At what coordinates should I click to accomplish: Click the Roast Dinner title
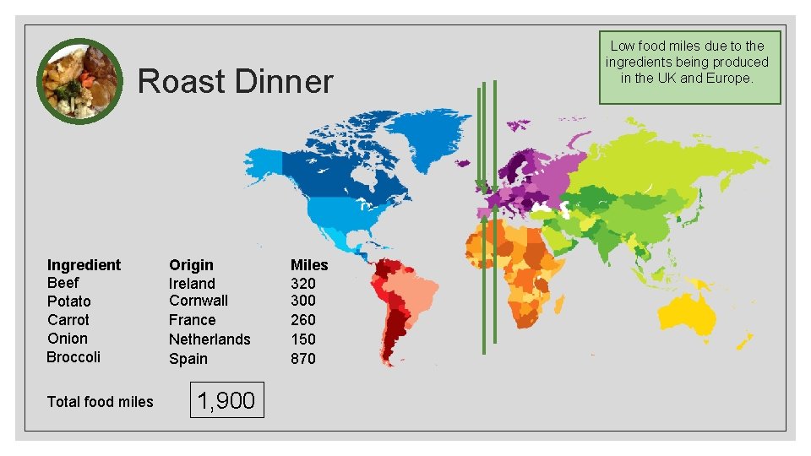[x=235, y=82]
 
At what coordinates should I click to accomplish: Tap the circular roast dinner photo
[x=80, y=80]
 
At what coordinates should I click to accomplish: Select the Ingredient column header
[x=84, y=265]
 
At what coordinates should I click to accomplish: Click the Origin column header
[x=191, y=265]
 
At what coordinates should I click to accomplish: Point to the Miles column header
[x=309, y=265]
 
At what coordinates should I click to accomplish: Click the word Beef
[x=63, y=283]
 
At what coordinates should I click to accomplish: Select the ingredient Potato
[x=68, y=301]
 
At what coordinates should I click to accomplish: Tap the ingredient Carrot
[x=68, y=320]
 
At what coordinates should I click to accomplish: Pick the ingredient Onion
[x=67, y=339]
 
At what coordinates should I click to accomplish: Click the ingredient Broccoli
[x=73, y=357]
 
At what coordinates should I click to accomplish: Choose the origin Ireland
[x=192, y=284]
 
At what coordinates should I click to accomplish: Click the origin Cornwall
[x=198, y=301]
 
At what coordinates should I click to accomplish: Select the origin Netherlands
[x=210, y=339]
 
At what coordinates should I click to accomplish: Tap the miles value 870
[x=302, y=359]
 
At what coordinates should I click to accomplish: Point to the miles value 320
[x=302, y=284]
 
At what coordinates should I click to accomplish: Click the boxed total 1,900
[x=226, y=400]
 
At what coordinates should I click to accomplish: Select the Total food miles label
[x=100, y=402]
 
